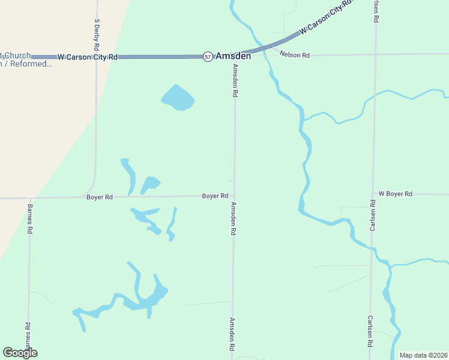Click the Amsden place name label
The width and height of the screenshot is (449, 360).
[x=234, y=56]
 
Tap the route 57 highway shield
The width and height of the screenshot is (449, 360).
[x=208, y=56]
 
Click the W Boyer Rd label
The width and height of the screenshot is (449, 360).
[x=395, y=194]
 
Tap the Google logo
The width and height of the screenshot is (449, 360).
[x=20, y=353]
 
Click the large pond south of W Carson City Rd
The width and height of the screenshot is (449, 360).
[x=178, y=98]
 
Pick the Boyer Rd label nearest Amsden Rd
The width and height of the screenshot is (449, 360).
[x=215, y=196]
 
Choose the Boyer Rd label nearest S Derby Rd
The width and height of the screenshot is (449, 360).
[x=100, y=197]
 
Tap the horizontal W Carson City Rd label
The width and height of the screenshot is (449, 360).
[x=88, y=57]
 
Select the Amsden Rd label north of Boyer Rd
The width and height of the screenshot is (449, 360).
[x=235, y=82]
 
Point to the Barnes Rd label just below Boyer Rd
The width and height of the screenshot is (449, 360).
[x=29, y=218]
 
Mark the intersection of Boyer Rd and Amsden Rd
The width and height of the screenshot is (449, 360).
[x=234, y=196]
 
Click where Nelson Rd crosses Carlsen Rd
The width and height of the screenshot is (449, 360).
[x=375, y=54]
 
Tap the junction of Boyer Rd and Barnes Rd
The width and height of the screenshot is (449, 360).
[x=29, y=197]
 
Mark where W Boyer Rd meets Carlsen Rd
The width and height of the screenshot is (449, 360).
[x=373, y=194]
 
